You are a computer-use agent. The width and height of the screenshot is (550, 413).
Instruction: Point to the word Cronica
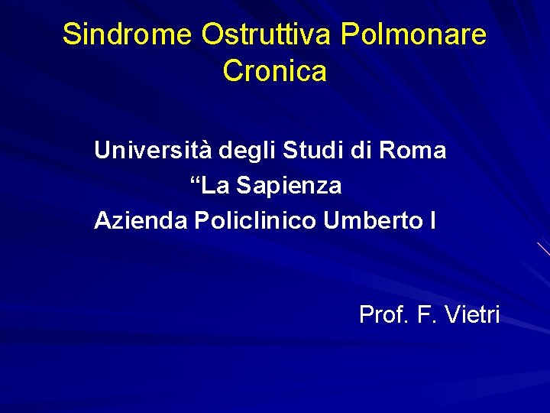pos(275,71)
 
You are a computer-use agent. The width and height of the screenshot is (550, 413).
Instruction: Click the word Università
pos(153,150)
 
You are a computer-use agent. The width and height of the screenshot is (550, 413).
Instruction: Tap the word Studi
pos(311,150)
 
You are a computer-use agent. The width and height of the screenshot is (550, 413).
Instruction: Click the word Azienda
pos(141,221)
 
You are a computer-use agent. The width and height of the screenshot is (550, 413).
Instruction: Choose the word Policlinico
pos(256,221)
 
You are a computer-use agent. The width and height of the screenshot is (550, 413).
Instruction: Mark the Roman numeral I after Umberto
pos(433,221)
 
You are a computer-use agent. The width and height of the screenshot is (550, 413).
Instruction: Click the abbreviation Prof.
pos(383,314)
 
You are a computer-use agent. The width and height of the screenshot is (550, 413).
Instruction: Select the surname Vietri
pos(471,314)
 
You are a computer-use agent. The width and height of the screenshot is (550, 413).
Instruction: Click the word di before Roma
pos(361,150)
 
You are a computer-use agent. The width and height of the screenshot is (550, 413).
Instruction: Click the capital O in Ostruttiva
pos(213,34)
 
